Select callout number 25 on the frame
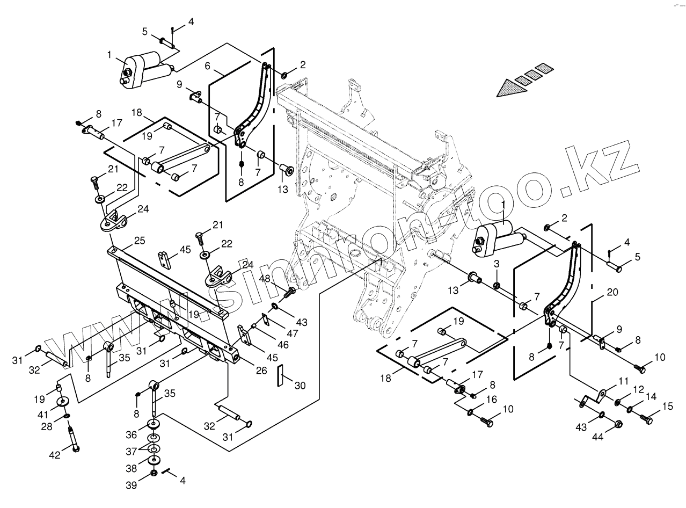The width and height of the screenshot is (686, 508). coord(140,241)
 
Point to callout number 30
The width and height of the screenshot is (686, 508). coord(300,385)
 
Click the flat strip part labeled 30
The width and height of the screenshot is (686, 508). coord(280,376)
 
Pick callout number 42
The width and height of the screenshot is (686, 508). coord(55,455)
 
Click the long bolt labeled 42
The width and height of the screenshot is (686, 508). coord(72,437)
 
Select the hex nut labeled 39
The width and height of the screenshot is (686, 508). coord(154,473)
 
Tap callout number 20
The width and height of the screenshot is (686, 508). coord(612,293)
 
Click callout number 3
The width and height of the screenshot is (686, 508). coord(497,264)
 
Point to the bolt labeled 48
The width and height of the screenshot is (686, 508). coord(290,293)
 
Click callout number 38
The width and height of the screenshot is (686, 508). coord(132,469)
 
